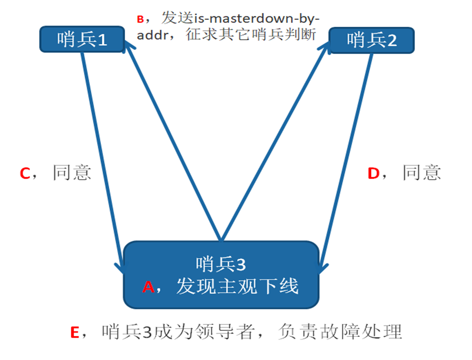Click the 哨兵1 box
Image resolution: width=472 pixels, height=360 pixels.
click(x=82, y=39)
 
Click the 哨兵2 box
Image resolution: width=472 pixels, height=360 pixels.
click(x=371, y=40)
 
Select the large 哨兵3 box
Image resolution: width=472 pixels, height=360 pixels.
click(x=221, y=275)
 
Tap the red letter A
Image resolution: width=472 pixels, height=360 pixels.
click(x=148, y=287)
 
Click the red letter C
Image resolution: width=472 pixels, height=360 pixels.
click(x=25, y=173)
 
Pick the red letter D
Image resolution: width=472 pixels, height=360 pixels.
click(x=373, y=174)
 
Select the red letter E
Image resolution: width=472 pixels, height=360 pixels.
click(x=76, y=332)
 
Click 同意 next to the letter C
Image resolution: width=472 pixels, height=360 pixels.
click(x=72, y=173)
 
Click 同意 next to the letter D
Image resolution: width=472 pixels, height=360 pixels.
click(x=422, y=173)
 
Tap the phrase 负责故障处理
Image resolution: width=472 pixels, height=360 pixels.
click(x=340, y=332)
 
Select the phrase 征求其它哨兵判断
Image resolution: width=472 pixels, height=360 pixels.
click(x=251, y=36)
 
